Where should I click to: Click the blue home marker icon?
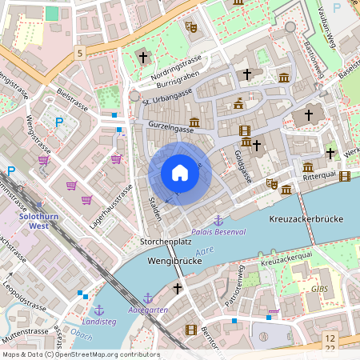[x=179, y=173]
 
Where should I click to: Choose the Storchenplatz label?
[x=165, y=241]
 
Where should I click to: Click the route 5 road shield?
[x=80, y=53]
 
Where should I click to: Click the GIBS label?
[x=319, y=289]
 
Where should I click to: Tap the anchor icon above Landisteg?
[x=99, y=309]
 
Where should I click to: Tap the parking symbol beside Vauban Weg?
[x=336, y=7]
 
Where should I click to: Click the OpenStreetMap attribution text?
[x=80, y=354]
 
